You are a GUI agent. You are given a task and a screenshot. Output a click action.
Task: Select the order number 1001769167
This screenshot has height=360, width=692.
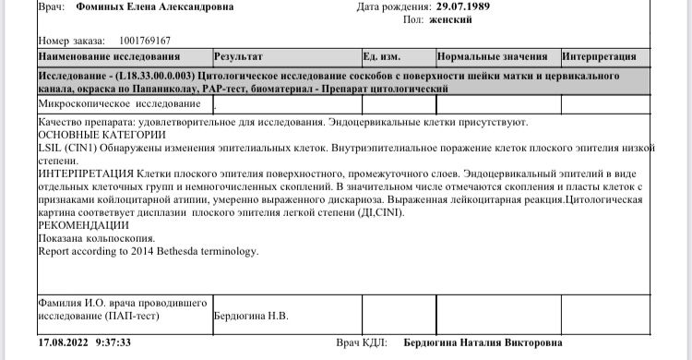146,41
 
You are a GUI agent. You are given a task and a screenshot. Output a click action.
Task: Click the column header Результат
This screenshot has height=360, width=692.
238,55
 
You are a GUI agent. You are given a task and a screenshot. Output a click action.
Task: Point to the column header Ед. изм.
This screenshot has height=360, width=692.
380,55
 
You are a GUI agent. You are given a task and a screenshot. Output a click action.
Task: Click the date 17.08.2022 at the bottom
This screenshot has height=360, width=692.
63,342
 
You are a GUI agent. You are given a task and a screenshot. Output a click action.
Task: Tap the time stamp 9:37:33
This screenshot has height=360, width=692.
111,342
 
